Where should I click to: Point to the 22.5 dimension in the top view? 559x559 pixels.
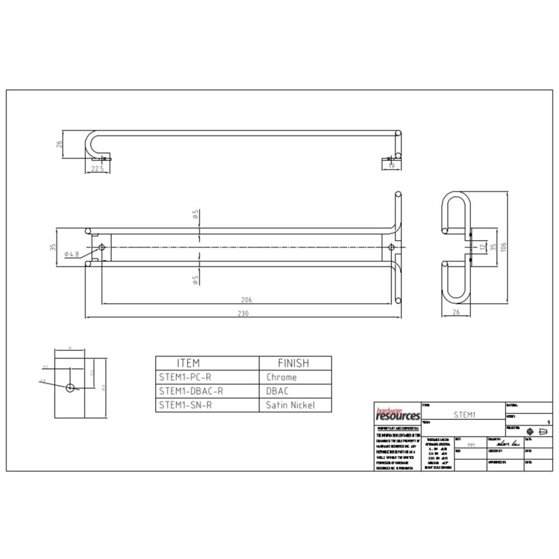click(97, 168)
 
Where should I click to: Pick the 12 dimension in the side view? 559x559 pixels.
click(483, 247)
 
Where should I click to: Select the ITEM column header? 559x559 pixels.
click(189, 363)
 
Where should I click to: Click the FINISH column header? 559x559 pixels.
click(293, 363)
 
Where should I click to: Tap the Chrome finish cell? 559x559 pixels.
click(282, 377)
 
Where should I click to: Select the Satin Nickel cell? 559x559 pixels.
click(291, 405)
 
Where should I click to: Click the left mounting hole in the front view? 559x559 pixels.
click(103, 247)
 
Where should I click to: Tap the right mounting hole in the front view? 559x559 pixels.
click(391, 247)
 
